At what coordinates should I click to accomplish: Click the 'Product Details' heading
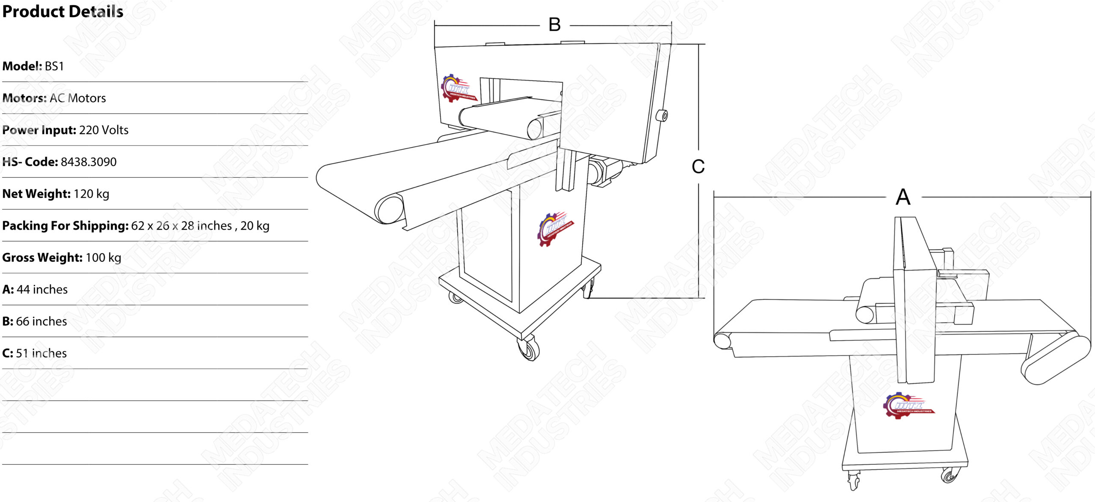point(63,12)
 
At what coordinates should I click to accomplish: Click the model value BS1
point(54,66)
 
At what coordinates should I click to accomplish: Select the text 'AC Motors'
point(78,98)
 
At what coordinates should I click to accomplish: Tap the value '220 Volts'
point(104,130)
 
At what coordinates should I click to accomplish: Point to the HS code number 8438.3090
point(89,162)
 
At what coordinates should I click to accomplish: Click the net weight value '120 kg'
point(92,194)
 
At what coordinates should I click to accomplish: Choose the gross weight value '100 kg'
point(104,258)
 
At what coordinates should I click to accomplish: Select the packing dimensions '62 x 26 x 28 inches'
point(182,226)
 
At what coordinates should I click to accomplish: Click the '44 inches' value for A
point(42,290)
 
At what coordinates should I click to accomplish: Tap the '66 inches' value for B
point(41,321)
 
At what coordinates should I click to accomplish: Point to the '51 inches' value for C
point(41,353)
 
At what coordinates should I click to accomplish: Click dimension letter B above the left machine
point(554,25)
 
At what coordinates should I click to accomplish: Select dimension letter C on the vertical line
point(698,167)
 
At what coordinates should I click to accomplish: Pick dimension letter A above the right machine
point(903,197)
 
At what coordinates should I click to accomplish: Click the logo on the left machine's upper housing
point(458,88)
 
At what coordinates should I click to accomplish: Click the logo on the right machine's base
point(909,405)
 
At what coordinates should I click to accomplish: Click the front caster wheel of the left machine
point(529,348)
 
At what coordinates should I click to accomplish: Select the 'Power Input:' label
point(39,130)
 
